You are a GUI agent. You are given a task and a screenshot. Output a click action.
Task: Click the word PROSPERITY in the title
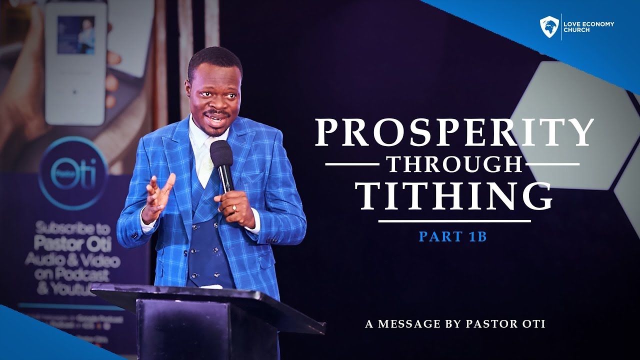454,132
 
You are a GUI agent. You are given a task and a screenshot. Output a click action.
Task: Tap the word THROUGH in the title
452,163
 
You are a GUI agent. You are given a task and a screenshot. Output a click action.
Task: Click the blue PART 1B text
452,236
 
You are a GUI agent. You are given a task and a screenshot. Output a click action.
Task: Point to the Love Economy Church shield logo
549,26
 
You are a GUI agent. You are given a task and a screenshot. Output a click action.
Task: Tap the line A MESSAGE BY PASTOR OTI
455,324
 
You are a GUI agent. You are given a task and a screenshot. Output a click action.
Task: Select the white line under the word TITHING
454,220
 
